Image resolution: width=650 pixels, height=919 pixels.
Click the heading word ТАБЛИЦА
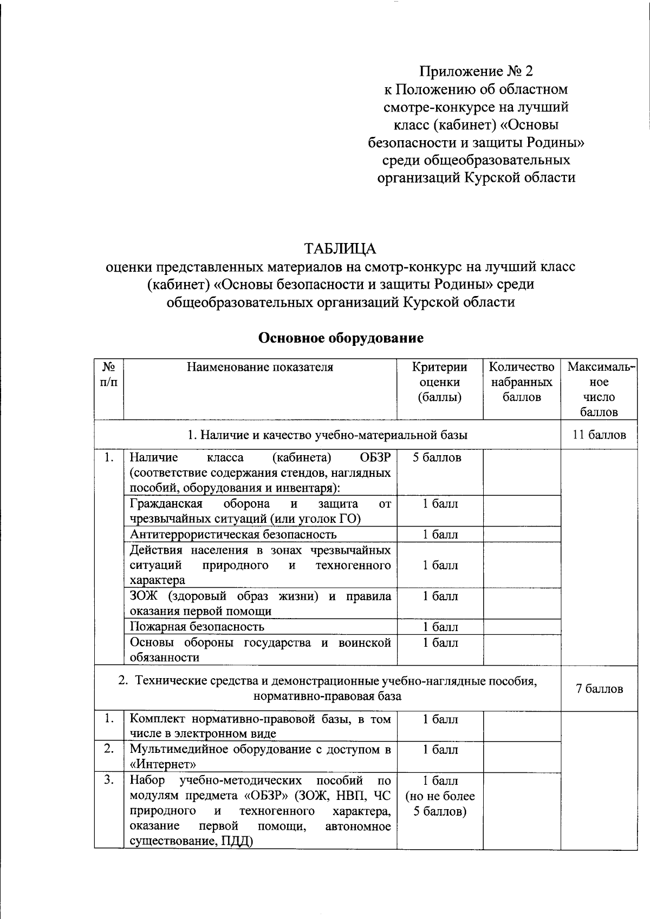pyautogui.click(x=340, y=248)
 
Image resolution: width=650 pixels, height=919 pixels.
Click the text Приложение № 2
pyautogui.click(x=476, y=71)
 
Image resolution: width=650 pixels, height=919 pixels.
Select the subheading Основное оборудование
pyautogui.click(x=341, y=338)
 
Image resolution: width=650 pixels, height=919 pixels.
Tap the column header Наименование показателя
pyautogui.click(x=260, y=367)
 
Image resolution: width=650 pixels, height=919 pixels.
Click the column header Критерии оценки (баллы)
pyautogui.click(x=439, y=382)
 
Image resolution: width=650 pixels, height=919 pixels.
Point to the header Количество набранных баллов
pyautogui.click(x=521, y=382)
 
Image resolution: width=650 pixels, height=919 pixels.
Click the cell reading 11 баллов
pyautogui.click(x=599, y=435)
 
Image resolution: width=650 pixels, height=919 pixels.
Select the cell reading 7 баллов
pyautogui.click(x=599, y=688)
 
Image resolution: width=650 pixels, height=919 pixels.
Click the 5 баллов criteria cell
pyautogui.click(x=437, y=457)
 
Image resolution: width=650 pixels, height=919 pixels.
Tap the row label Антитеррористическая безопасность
pyautogui.click(x=233, y=534)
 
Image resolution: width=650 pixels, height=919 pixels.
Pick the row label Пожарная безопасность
pyautogui.click(x=197, y=627)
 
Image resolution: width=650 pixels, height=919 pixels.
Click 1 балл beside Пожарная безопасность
pyautogui.click(x=440, y=627)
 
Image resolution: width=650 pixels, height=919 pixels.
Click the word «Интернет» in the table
pyautogui.click(x=162, y=764)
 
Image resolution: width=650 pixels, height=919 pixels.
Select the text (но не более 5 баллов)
pyautogui.click(x=440, y=804)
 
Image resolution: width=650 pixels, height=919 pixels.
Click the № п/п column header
pyautogui.click(x=109, y=374)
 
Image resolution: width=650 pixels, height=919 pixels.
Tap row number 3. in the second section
pyautogui.click(x=109, y=780)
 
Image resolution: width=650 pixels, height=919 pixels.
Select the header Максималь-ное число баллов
pyautogui.click(x=599, y=389)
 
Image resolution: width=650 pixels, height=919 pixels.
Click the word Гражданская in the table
pyautogui.click(x=166, y=503)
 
